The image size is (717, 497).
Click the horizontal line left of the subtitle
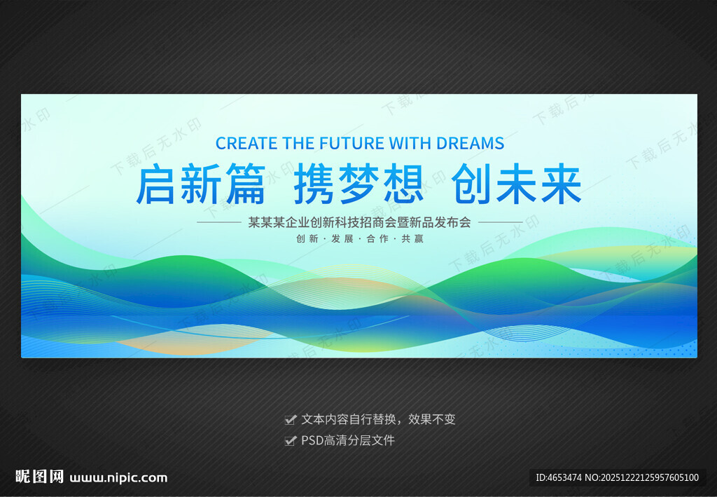pyautogui.click(x=219, y=222)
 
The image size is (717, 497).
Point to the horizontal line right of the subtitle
pyautogui.click(x=500, y=222)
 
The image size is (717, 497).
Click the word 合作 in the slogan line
pyautogui.click(x=377, y=238)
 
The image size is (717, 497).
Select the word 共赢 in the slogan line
pyautogui.click(x=412, y=238)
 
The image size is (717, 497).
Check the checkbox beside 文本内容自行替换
pyautogui.click(x=290, y=420)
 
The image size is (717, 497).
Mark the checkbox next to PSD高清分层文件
pyautogui.click(x=290, y=441)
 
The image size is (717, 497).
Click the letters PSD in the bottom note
pyautogui.click(x=312, y=440)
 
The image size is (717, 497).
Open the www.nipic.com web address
pyautogui.click(x=118, y=478)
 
